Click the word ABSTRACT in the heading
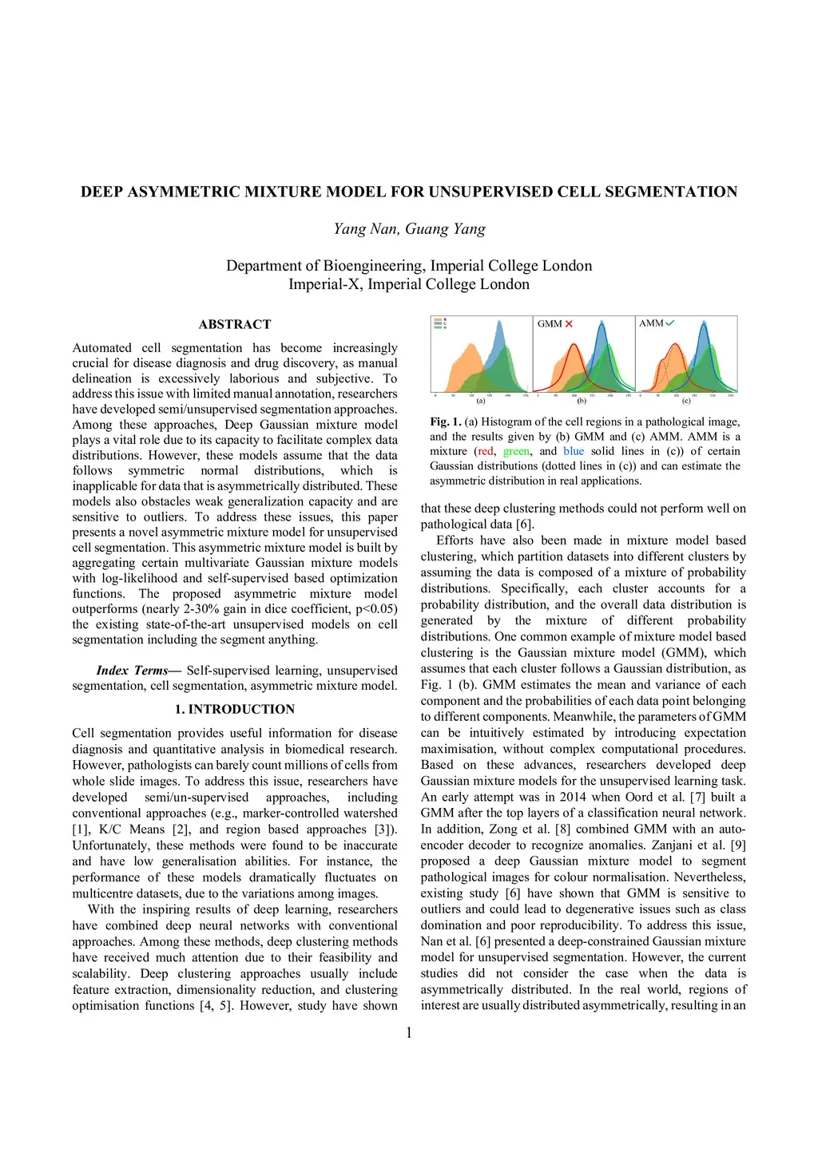pos(235,324)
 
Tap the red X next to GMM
pos(569,323)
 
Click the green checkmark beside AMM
pos(669,323)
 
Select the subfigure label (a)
pos(481,401)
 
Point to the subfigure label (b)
pos(582,401)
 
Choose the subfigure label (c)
pos(686,401)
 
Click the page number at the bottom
pos(409,1033)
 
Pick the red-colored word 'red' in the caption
pos(486,451)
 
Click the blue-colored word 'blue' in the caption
pos(574,451)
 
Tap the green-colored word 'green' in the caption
pos(516,451)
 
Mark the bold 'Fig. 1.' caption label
pos(446,422)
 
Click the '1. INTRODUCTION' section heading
pos(235,709)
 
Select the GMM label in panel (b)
pos(550,323)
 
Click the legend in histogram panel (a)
pos(439,323)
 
